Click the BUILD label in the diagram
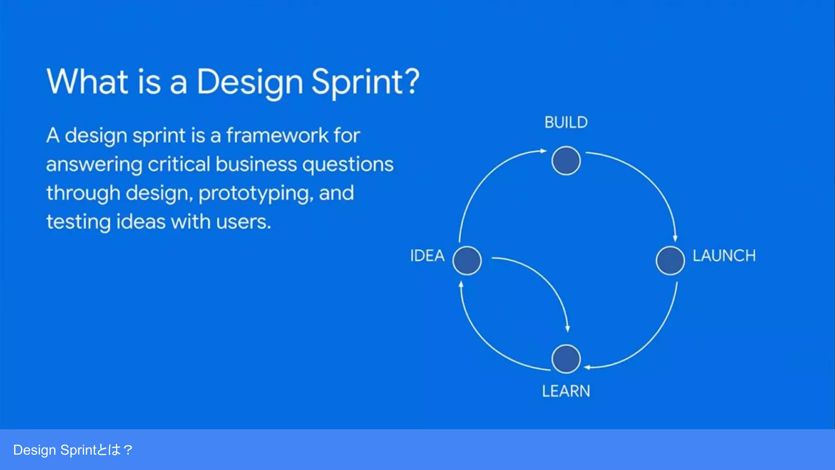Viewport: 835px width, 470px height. [566, 122]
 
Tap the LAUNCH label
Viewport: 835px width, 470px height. [724, 256]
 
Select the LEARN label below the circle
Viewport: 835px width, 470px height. [566, 391]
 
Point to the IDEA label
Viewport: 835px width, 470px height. [427, 256]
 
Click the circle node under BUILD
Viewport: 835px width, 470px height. [566, 161]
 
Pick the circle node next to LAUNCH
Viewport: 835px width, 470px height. [670, 260]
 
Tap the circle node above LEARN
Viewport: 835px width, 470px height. [566, 359]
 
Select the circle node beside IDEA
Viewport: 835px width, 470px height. [467, 260]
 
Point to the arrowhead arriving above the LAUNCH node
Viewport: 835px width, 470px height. [675, 238]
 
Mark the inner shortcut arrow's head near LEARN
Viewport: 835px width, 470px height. [568, 328]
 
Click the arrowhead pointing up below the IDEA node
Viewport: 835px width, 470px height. [461, 284]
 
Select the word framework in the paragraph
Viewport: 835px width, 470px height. [277, 135]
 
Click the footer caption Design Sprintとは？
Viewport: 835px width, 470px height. [73, 450]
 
